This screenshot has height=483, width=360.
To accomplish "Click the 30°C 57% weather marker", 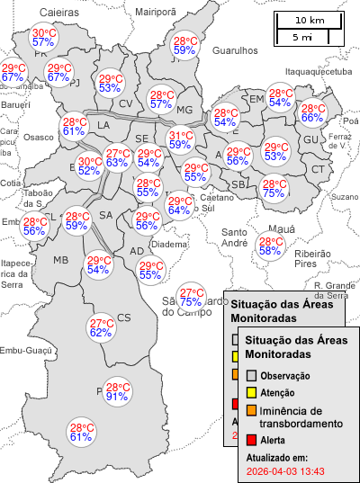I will pyautogui.click(x=44, y=37).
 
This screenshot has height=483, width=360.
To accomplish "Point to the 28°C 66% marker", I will pyautogui.click(x=312, y=112).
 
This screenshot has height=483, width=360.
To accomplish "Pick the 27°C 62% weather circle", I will pyautogui.click(x=101, y=328).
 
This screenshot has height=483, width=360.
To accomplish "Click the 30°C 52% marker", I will pyautogui.click(x=89, y=165).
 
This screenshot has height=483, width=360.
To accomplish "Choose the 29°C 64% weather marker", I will pyautogui.click(x=179, y=205).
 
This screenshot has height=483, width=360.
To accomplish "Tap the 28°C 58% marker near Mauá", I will pyautogui.click(x=270, y=246).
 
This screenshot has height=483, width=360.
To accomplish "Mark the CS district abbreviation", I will pyautogui.click(x=124, y=318).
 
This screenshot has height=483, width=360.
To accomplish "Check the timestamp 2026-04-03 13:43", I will pyautogui.click(x=285, y=470).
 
